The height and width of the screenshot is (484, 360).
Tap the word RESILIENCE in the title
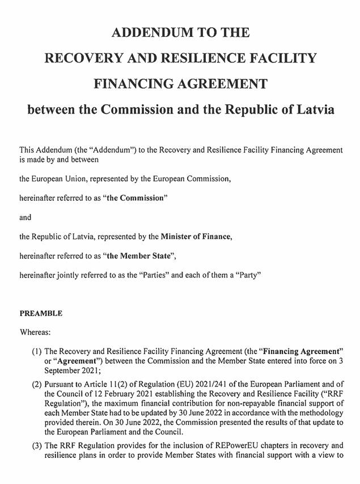pyautogui.click(x=210, y=58)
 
